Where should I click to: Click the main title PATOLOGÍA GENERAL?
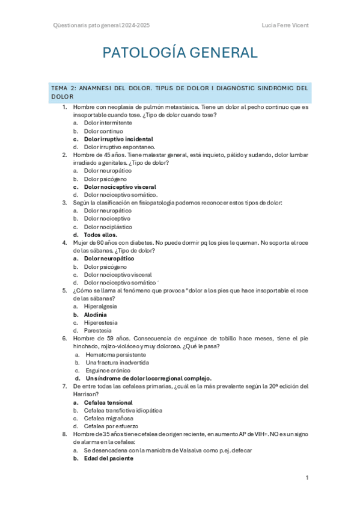pos(180,53)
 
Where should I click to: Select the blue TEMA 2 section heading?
pos(180,92)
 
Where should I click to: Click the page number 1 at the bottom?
pos(307,478)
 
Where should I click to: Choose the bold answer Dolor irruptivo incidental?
pos(118,139)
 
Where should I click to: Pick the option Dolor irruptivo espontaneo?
pos(120,147)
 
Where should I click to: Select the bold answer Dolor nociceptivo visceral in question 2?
pos(120,187)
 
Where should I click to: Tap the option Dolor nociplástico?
pos(108,227)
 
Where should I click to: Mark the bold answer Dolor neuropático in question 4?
pos(109,259)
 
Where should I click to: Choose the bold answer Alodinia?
pos(96,315)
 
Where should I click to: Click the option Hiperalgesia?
pos(100,306)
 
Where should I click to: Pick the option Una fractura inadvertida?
pos(118,363)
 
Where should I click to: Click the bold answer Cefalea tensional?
pos(108,402)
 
